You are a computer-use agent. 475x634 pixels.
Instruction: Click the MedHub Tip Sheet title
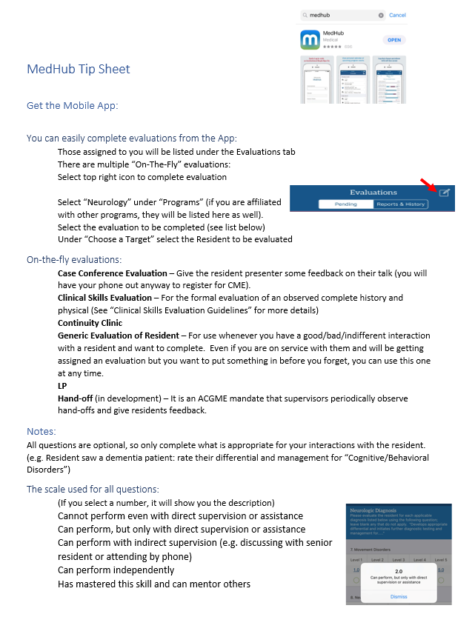pyautogui.click(x=78, y=70)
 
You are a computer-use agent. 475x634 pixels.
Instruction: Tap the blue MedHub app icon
pyautogui.click(x=310, y=39)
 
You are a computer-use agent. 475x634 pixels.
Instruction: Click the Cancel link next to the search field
pyautogui.click(x=397, y=15)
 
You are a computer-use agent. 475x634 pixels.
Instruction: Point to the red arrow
pyautogui.click(x=429, y=185)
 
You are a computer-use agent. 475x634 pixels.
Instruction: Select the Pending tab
pyautogui.click(x=345, y=204)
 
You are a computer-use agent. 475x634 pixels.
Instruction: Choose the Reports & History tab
pyautogui.click(x=401, y=204)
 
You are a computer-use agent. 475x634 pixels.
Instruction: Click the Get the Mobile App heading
pyautogui.click(x=72, y=105)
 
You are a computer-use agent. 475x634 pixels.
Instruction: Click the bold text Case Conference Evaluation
pyautogui.click(x=112, y=273)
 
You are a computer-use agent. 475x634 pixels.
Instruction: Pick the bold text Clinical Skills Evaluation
pyautogui.click(x=106, y=298)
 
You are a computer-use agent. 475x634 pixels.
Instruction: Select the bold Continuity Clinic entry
pyautogui.click(x=90, y=323)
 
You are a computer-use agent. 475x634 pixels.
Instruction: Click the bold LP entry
pyautogui.click(x=62, y=386)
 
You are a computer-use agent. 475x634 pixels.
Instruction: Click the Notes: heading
pyautogui.click(x=41, y=431)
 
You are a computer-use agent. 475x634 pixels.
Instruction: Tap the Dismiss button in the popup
pyautogui.click(x=399, y=596)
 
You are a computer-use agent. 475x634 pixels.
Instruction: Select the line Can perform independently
pyautogui.click(x=116, y=570)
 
